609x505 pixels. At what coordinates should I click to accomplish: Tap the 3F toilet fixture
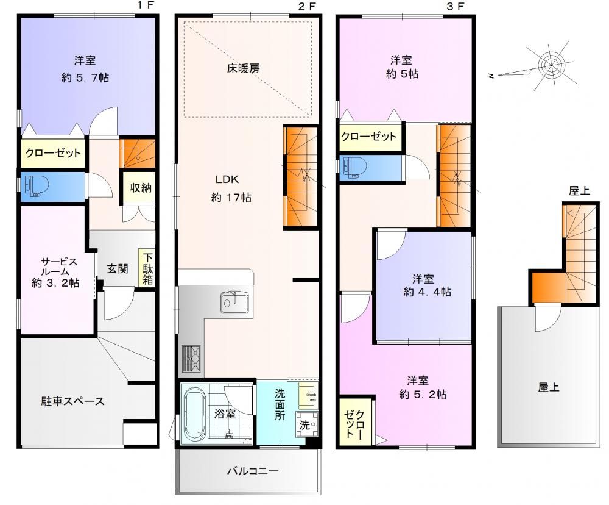[x=354, y=168]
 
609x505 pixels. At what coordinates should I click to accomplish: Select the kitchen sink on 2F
[x=235, y=302]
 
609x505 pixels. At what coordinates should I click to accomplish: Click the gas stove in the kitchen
[x=191, y=359]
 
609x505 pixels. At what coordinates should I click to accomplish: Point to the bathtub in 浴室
[x=194, y=414]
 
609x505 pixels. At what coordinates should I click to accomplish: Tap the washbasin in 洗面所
[x=308, y=395]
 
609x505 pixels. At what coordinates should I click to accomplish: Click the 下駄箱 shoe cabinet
[x=147, y=268]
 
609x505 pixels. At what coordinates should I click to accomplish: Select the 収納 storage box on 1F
[x=140, y=187]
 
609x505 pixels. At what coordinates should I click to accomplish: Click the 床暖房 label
[x=243, y=69]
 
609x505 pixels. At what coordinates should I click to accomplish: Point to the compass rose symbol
[x=551, y=66]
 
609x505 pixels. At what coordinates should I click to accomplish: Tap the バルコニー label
[x=253, y=471]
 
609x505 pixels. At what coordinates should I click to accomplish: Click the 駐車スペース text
[x=73, y=401]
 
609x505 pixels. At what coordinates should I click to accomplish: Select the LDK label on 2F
[x=227, y=179]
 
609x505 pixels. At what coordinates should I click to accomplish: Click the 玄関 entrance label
[x=118, y=268]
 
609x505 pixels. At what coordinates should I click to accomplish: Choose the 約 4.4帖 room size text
[x=428, y=292]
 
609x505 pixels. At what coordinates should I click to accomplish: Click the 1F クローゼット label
[x=53, y=153]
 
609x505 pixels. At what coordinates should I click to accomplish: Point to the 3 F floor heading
[x=455, y=6]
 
